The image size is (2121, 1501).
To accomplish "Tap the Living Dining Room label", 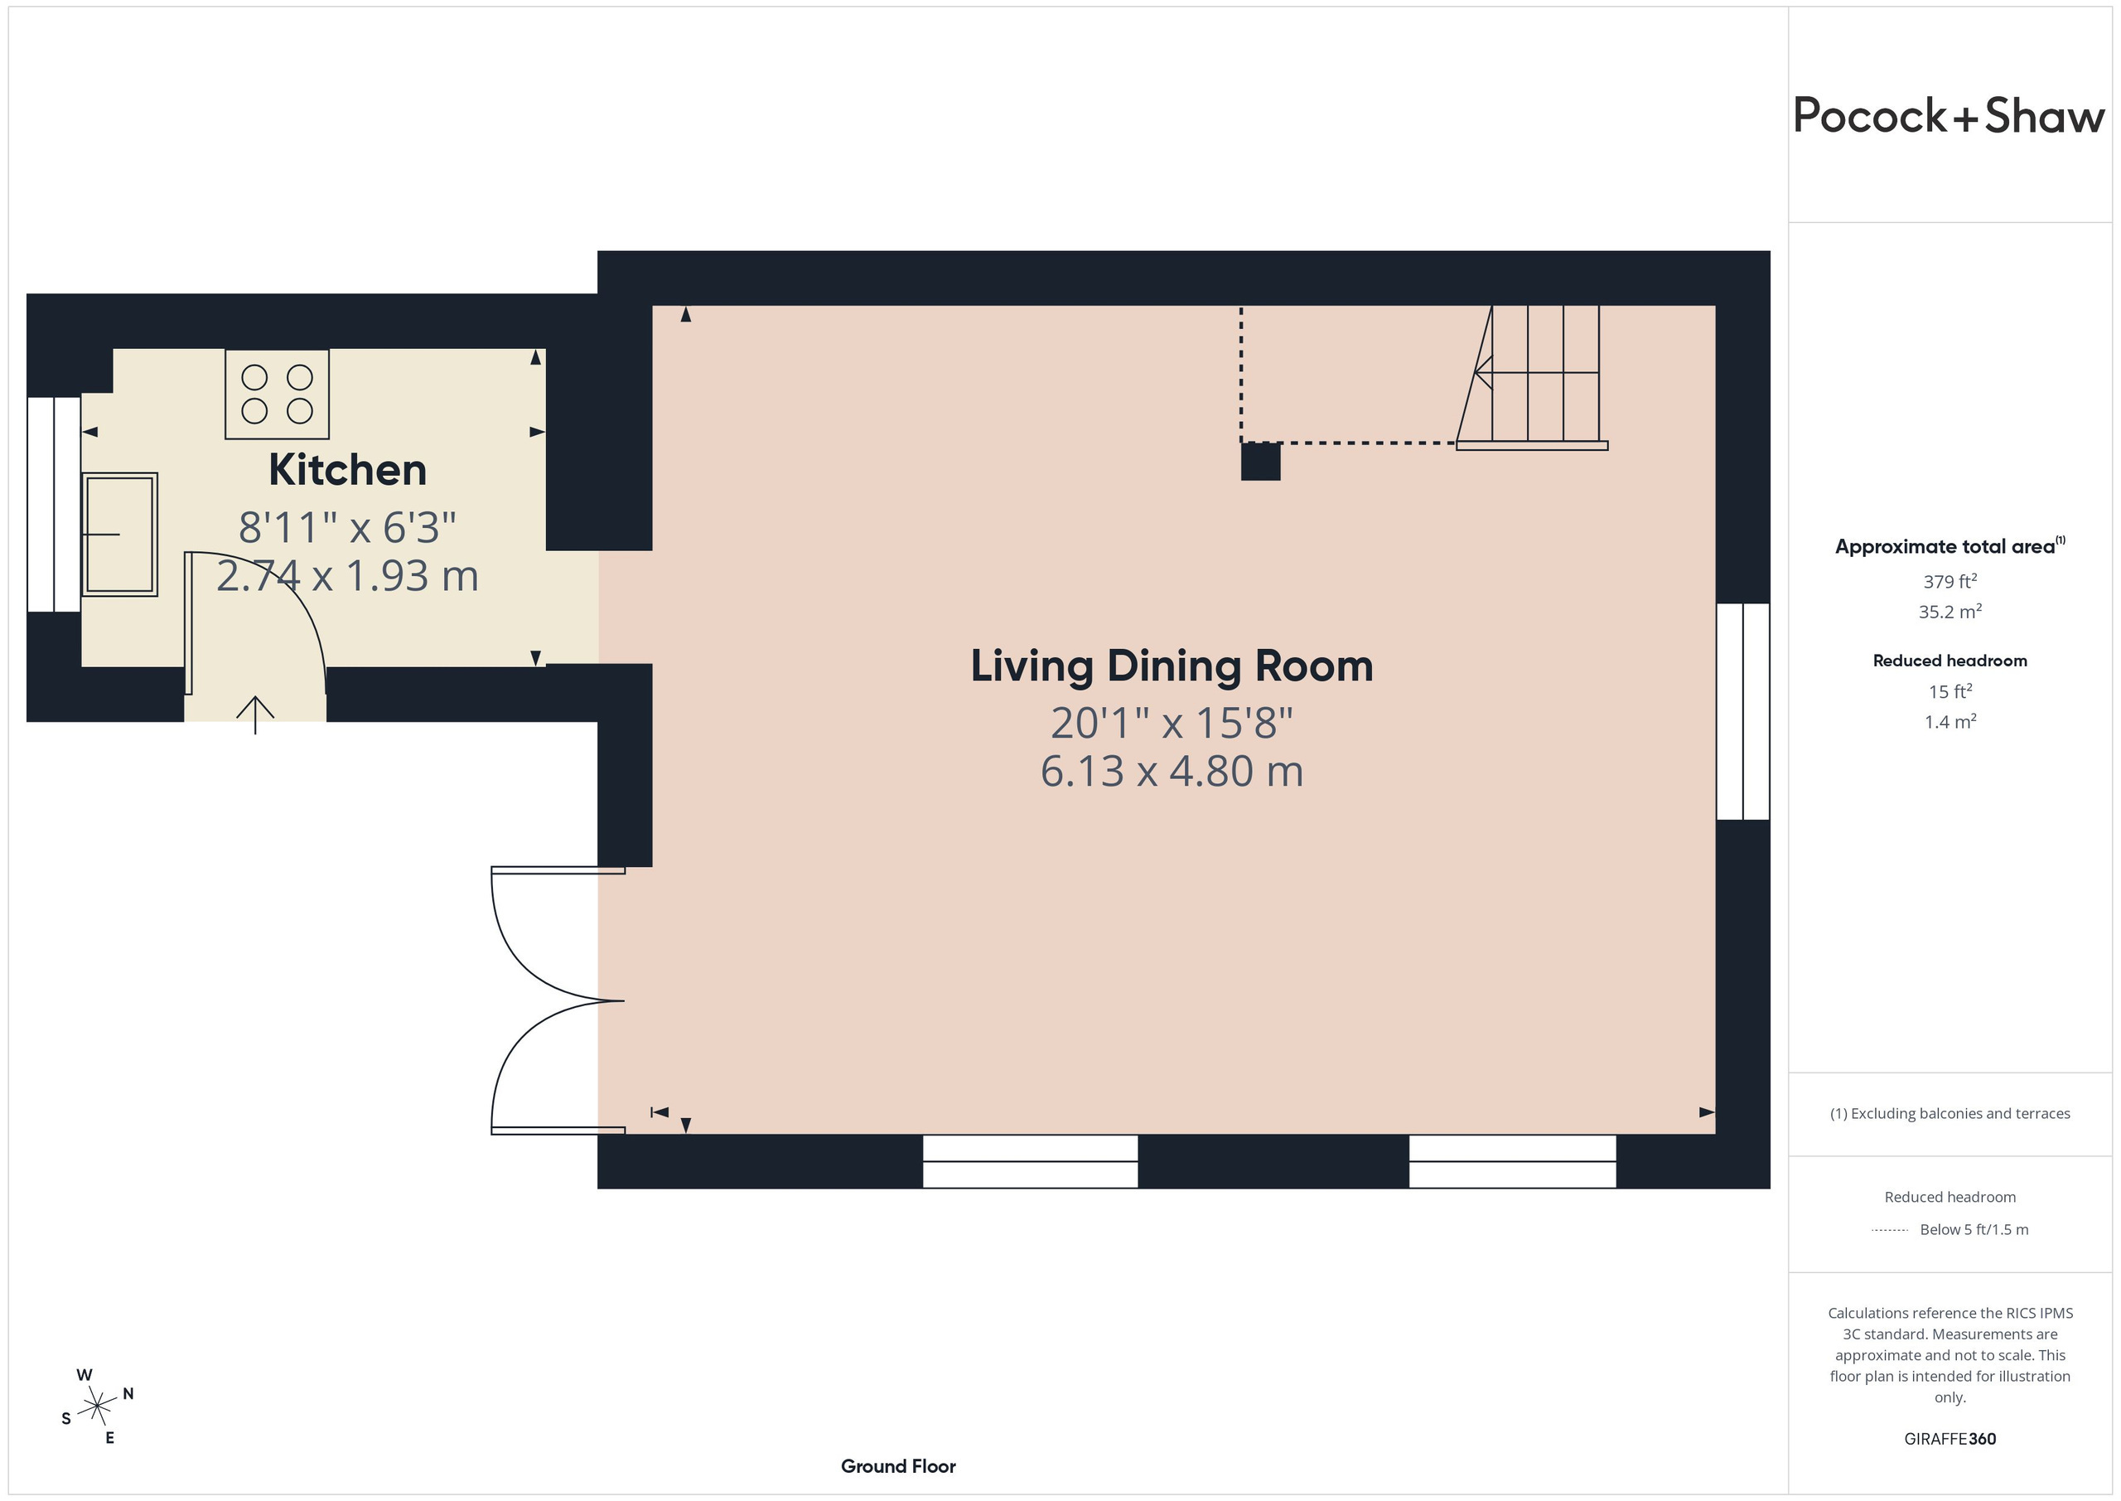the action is point(1172,666).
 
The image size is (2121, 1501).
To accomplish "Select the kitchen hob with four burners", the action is point(277,395).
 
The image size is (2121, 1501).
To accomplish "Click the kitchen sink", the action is point(119,535).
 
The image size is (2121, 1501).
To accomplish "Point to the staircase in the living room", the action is point(1533,377).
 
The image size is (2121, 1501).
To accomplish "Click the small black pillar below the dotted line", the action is point(1260,461).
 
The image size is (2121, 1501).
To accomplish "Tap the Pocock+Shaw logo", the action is point(1949,117).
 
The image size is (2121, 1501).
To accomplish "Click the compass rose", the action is point(97,1407).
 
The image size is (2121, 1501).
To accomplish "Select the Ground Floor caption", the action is point(898,1466).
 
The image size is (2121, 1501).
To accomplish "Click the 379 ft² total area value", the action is point(1950,581).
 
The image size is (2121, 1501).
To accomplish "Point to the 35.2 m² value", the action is point(1950,612).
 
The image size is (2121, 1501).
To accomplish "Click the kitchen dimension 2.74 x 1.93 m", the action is point(347,576).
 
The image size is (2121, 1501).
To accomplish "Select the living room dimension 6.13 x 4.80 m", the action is point(1172,771).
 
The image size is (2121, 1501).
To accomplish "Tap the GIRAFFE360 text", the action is point(1950,1439).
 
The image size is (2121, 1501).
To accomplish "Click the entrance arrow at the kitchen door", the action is point(255,715).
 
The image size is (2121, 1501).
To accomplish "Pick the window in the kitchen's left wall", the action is point(54,505).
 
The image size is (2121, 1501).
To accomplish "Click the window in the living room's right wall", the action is point(1743,712).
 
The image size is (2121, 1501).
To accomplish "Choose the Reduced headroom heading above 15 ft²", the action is point(1950,661).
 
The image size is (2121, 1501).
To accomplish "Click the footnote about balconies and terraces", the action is point(1950,1114).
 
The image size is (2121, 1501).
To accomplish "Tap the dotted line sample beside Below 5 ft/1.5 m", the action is point(1889,1230).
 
